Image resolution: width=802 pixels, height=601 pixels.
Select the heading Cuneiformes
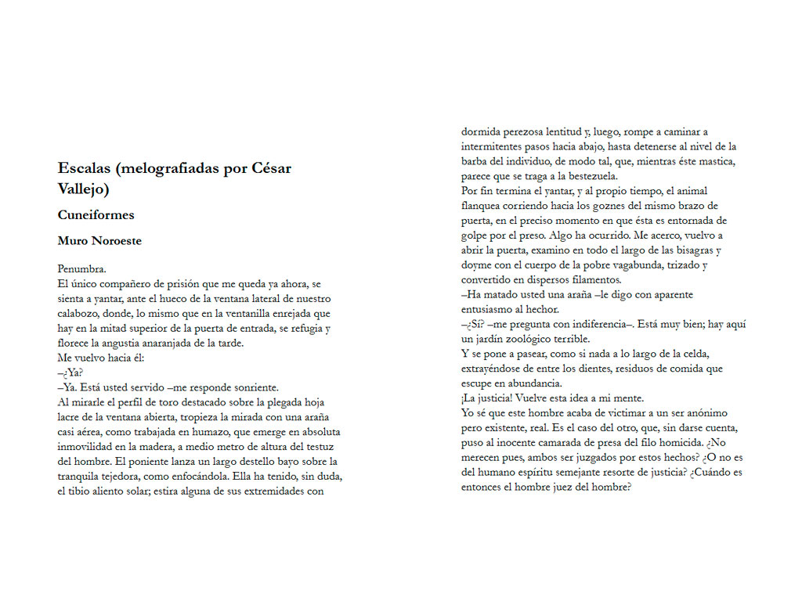[96, 214]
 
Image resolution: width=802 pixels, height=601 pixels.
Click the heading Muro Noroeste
[99, 241]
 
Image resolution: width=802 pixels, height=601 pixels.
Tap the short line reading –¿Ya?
[70, 372]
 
